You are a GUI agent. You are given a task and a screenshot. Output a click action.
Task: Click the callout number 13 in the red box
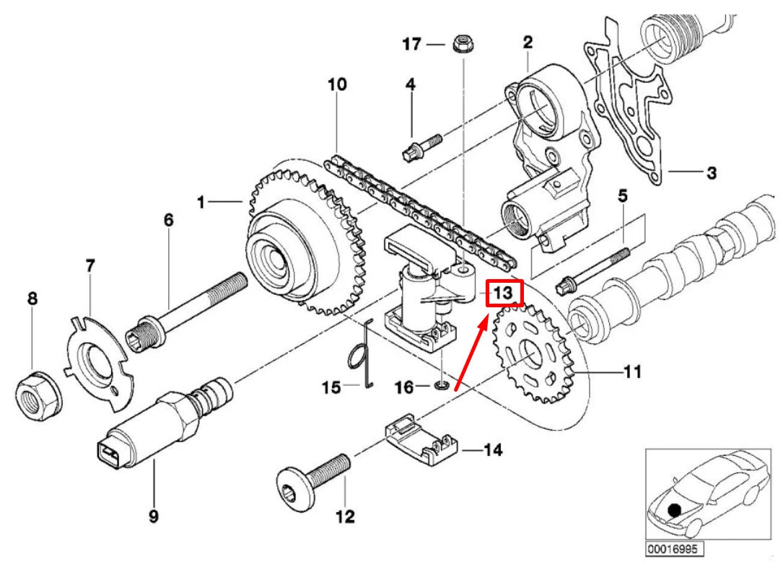502,293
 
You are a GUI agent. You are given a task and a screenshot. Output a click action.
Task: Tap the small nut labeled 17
460,45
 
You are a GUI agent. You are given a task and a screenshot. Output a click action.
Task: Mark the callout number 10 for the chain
336,84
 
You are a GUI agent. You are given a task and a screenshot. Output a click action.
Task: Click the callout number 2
528,43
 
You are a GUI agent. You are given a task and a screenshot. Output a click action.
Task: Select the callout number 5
622,195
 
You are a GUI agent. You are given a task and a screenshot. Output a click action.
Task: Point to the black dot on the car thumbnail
675,510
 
